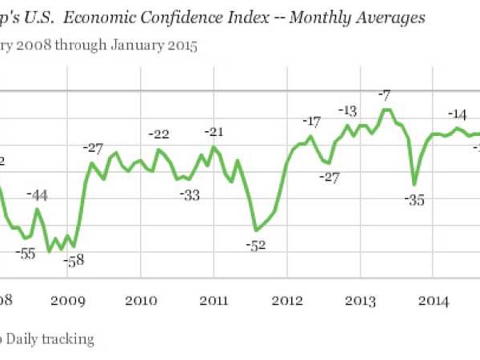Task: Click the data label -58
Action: [x=73, y=261]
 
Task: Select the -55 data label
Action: [x=27, y=254]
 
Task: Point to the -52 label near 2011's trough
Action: [x=255, y=246]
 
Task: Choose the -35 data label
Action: [x=415, y=201]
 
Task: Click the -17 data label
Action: [x=311, y=122]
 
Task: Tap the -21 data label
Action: [x=214, y=131]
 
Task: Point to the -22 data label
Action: [x=161, y=134]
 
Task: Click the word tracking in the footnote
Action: [x=67, y=339]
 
